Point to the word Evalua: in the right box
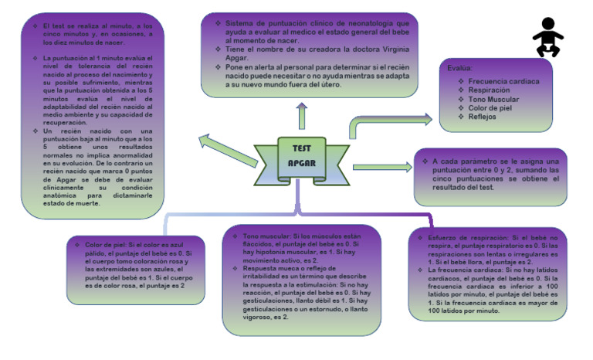tap(460, 68)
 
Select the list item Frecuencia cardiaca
tap(504, 80)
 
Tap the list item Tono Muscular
tap(495, 100)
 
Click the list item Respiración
tap(489, 90)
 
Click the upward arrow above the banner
tap(301, 115)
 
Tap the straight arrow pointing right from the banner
tap(382, 166)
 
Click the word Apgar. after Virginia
tap(236, 59)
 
